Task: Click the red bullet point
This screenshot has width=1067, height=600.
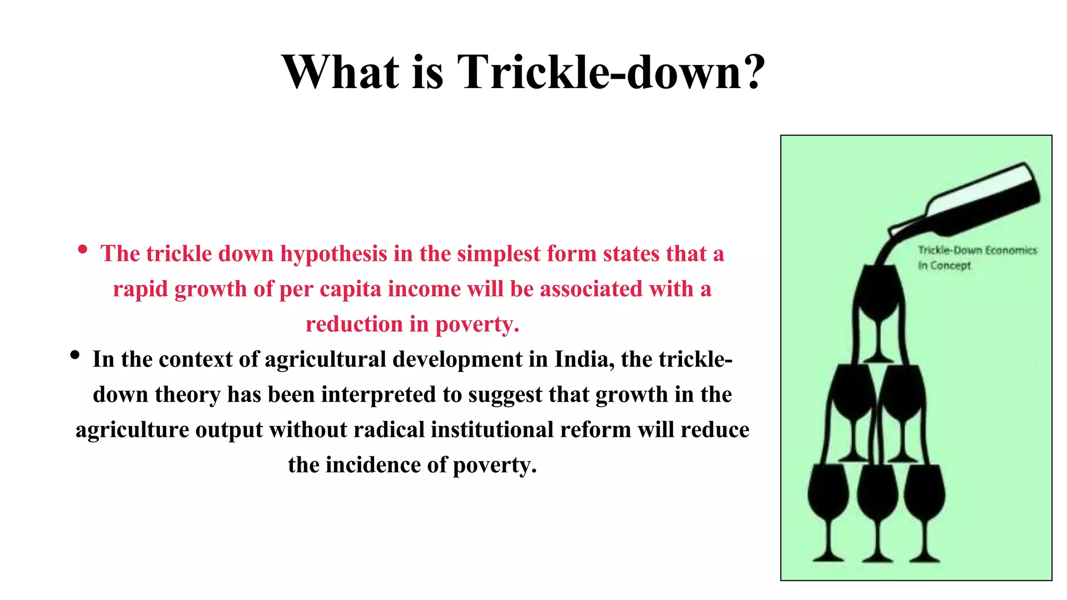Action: tap(82, 249)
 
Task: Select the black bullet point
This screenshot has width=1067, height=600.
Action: tap(75, 355)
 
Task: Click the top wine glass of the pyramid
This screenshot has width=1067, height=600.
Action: tap(878, 297)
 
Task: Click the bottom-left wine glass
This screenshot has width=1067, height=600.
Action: tap(828, 495)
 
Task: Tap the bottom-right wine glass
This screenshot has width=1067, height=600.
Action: tap(924, 495)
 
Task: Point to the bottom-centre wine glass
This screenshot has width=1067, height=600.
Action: tap(877, 495)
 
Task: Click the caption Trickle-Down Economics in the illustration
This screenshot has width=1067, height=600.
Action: tap(977, 251)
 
